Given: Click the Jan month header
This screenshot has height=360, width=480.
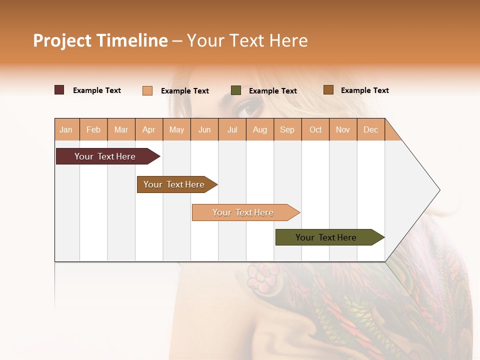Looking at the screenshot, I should click(x=66, y=129).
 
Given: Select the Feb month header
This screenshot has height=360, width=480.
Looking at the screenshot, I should click(x=93, y=129).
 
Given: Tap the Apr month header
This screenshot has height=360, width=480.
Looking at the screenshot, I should click(x=148, y=129).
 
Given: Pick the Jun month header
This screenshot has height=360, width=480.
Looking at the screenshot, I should click(x=204, y=129).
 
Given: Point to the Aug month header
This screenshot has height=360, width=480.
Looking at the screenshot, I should click(x=259, y=129).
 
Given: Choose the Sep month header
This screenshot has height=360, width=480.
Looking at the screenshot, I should click(x=287, y=129).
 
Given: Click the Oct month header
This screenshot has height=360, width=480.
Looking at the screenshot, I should click(x=315, y=129).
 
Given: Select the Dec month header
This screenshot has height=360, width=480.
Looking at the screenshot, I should click(x=370, y=129).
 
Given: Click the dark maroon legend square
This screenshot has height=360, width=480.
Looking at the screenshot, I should click(x=59, y=90).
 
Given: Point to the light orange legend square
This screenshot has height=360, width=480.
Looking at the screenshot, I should click(x=147, y=90).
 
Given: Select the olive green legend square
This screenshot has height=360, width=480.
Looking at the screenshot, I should click(x=236, y=90).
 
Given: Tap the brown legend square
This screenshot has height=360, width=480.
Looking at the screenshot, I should click(x=328, y=90).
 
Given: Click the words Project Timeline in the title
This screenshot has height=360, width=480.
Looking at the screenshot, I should click(x=100, y=40).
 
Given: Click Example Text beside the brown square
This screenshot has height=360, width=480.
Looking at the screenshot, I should click(x=364, y=90).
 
